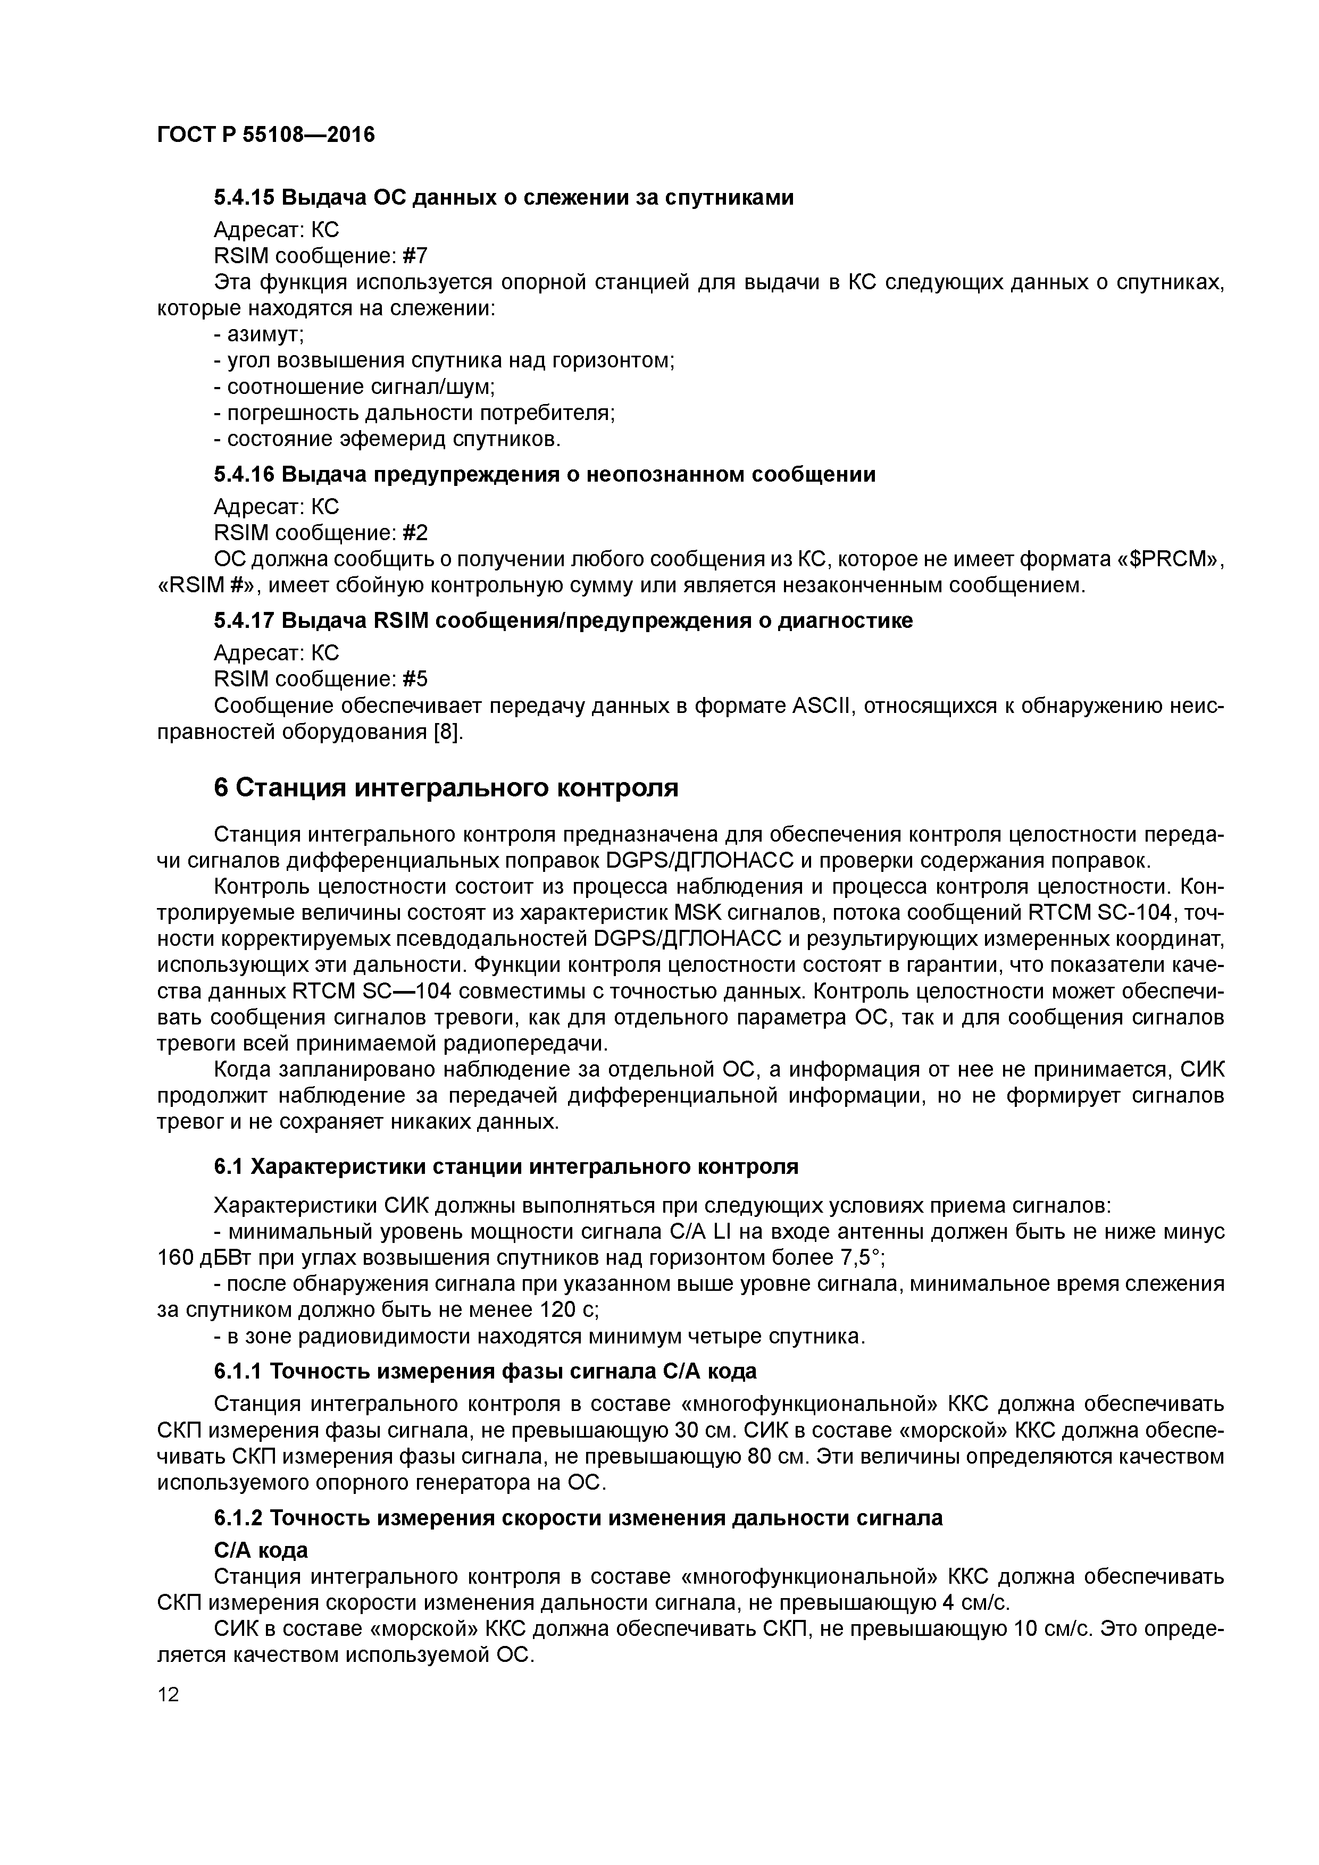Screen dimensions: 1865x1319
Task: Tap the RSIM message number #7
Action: click(414, 257)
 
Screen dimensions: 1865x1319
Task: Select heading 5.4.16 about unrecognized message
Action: click(545, 474)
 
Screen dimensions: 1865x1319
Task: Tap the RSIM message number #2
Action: click(414, 533)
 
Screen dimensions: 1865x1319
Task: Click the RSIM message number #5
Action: click(414, 679)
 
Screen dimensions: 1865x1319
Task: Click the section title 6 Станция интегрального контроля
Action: click(445, 788)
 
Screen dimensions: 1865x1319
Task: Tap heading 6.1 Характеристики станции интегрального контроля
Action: click(505, 1167)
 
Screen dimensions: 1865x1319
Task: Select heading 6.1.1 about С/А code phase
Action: click(485, 1372)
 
